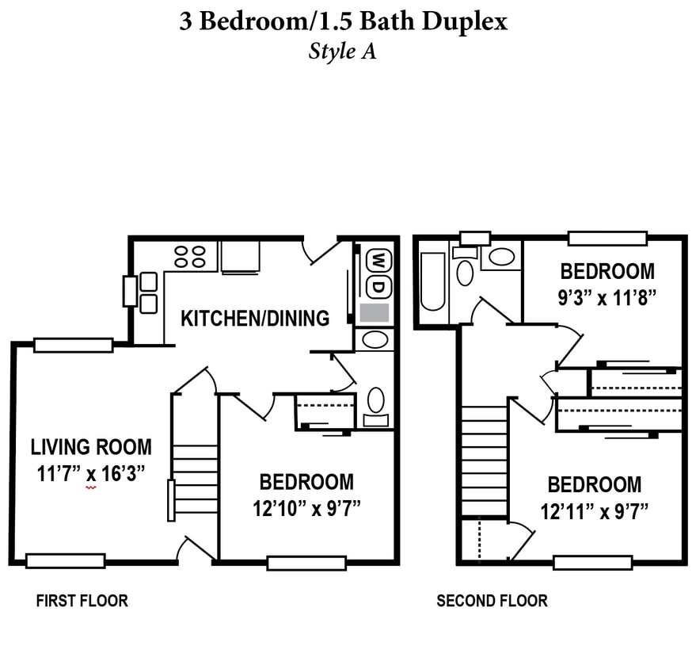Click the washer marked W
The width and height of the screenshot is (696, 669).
tap(379, 260)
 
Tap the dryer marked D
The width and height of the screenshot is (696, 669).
tap(379, 285)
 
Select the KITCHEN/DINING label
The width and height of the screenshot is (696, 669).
tap(255, 319)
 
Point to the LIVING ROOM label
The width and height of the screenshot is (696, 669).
tap(91, 447)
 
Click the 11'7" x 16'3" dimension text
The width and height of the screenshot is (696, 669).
tap(91, 475)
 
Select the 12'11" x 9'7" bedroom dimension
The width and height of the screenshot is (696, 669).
tap(594, 512)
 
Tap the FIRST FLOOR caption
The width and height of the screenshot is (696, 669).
tap(82, 601)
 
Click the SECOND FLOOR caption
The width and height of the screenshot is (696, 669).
tap(492, 601)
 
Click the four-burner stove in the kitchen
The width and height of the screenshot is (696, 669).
tap(190, 255)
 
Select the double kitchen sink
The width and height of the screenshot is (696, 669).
tap(148, 292)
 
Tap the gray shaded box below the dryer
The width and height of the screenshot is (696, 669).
tap(375, 312)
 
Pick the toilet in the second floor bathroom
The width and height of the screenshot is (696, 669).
tap(466, 272)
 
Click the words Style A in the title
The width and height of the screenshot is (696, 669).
tap(342, 52)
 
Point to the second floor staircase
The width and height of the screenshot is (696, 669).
tap(484, 461)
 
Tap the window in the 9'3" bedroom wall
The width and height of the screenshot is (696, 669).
tap(607, 238)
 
